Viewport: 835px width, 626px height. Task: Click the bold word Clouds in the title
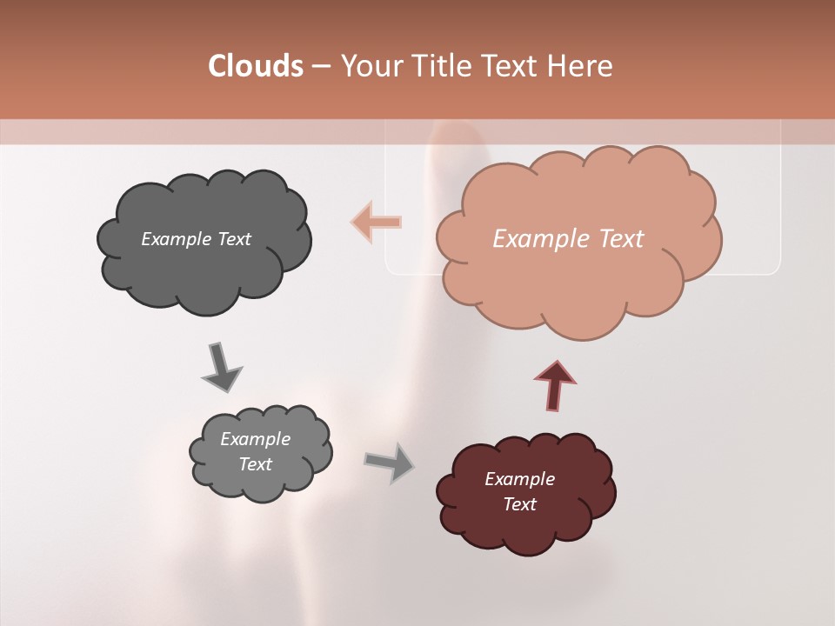click(x=255, y=66)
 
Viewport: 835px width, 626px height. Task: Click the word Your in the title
click(x=371, y=66)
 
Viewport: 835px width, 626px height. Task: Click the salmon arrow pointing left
click(x=377, y=222)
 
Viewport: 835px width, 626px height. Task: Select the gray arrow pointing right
click(x=390, y=463)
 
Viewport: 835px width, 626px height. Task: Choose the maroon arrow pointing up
click(x=554, y=385)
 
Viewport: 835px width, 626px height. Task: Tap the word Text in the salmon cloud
click(x=621, y=239)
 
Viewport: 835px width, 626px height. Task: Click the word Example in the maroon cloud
click(x=519, y=479)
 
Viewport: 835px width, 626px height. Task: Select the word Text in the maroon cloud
click(x=519, y=504)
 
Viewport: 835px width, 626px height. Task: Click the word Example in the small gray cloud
click(x=255, y=439)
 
